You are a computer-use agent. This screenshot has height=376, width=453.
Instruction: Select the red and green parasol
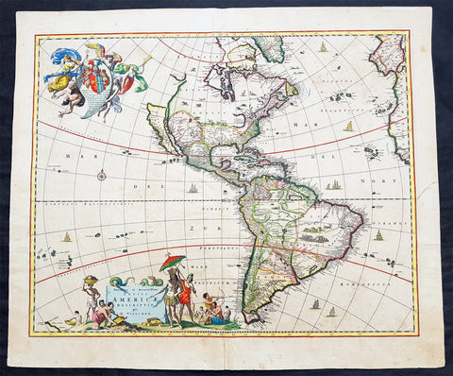(x=173, y=263)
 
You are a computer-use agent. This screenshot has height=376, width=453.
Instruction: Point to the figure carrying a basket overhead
(x=92, y=288)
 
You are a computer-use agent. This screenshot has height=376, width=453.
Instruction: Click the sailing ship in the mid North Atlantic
(x=348, y=127)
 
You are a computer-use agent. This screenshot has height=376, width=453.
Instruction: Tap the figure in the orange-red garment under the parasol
(x=185, y=299)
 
